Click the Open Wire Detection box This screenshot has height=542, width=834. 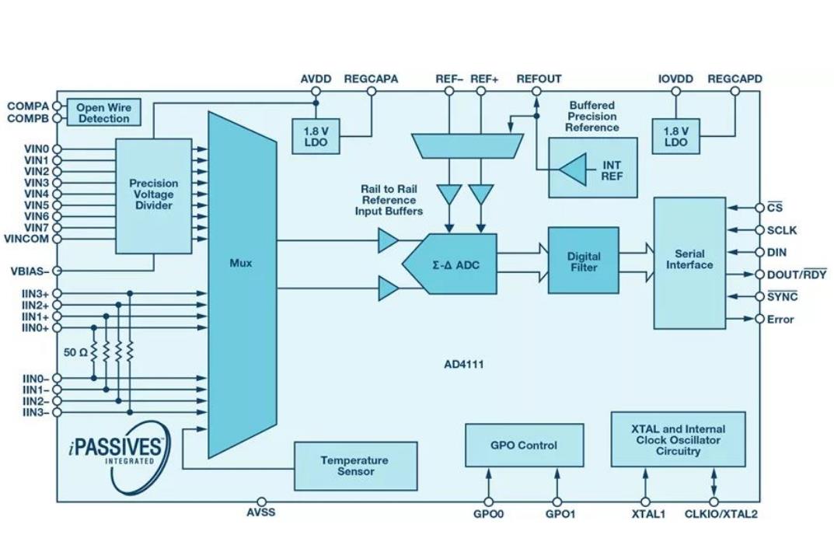103,113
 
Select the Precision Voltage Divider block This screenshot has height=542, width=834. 153,194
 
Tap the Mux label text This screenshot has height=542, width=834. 241,263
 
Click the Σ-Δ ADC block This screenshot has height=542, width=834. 455,264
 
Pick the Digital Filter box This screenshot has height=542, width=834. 583,261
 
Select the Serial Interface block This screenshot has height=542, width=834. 689,261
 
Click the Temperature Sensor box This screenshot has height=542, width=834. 355,466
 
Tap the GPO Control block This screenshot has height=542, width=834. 524,446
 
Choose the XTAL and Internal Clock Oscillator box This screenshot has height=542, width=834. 678,439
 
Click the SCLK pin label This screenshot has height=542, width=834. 781,231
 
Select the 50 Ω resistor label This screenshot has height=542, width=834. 75,352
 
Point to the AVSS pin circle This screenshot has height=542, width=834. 261,502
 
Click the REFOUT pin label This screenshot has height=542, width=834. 539,79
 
